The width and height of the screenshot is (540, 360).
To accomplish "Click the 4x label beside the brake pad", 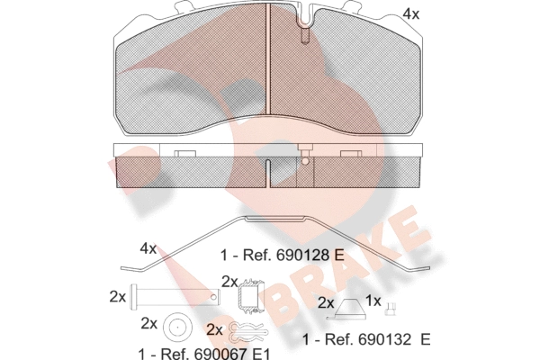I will [x=410, y=14].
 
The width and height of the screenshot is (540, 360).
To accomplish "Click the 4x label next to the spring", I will [x=148, y=247].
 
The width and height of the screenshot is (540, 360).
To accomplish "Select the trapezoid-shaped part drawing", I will [x=351, y=310].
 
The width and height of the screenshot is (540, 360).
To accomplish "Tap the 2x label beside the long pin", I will [x=117, y=295].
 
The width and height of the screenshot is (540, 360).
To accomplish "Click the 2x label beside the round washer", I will [x=148, y=323].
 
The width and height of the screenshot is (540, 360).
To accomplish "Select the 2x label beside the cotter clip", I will [x=215, y=329].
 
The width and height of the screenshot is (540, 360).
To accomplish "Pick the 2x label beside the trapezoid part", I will [x=327, y=304].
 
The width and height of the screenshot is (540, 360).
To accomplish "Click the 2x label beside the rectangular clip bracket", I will [x=229, y=282].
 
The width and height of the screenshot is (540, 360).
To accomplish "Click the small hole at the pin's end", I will [x=212, y=294].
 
